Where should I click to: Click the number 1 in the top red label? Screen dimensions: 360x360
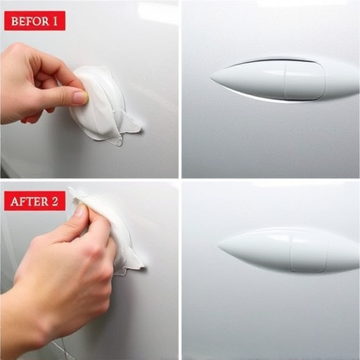(54, 21)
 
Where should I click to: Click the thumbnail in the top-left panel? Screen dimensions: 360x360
(80, 98)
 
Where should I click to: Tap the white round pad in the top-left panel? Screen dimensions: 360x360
(98, 103)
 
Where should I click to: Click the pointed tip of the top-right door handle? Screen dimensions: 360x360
(211, 77)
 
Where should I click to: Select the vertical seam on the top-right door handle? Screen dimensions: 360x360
(285, 82)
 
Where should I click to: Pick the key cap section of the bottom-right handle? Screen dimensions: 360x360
(309, 254)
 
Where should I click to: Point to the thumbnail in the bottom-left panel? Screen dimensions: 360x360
(79, 210)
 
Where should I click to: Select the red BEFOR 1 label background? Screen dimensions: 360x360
(34, 21)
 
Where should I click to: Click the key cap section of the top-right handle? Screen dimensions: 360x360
(304, 81)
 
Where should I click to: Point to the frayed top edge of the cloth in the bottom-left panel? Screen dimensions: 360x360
(77, 195)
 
